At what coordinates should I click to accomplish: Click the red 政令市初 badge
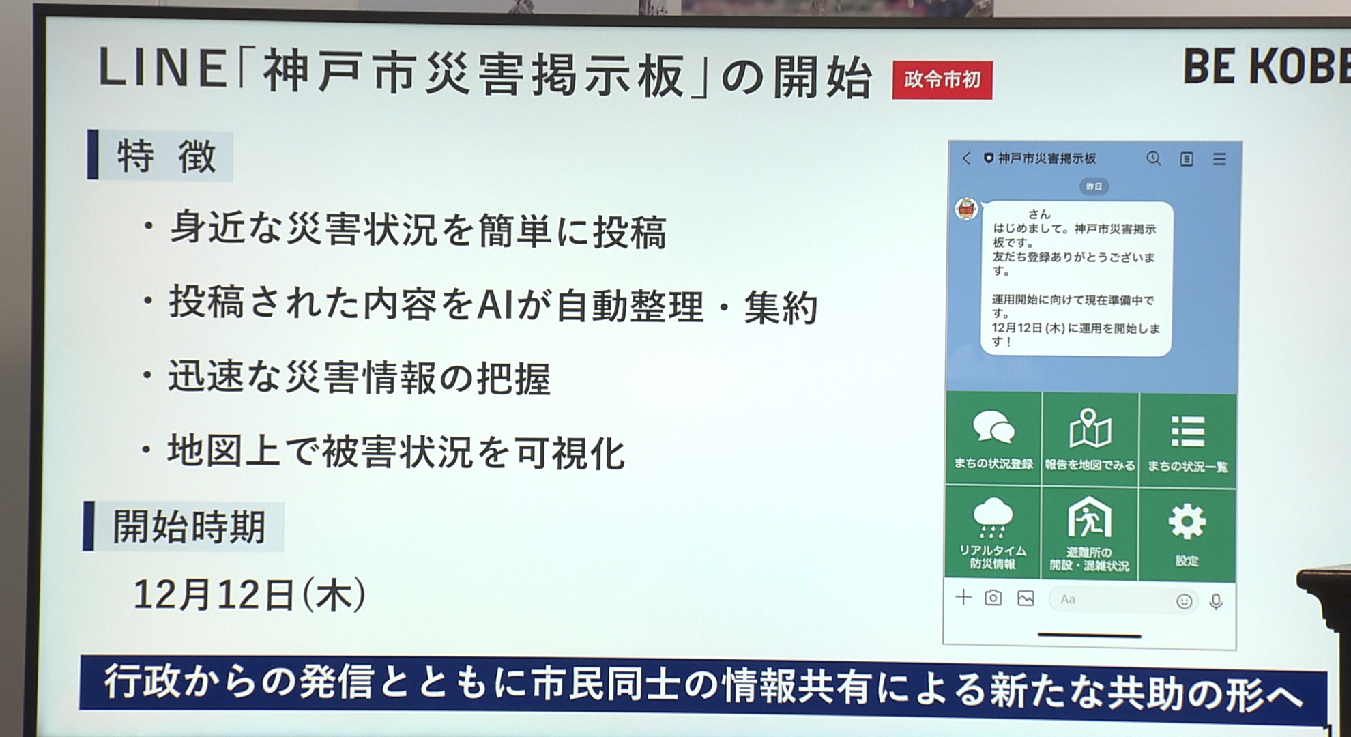(942, 80)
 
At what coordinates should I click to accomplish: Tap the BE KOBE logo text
(1266, 67)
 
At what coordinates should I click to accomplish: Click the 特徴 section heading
(166, 156)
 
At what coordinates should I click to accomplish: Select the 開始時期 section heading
(189, 527)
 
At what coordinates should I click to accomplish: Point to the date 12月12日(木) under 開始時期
(250, 594)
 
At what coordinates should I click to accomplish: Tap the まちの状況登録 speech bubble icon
(993, 427)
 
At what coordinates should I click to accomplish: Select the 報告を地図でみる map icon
(1090, 428)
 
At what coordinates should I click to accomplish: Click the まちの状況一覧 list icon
(1188, 431)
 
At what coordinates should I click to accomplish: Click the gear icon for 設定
(1187, 522)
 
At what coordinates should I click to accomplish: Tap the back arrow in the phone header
(966, 158)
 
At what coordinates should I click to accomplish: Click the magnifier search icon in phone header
(1153, 158)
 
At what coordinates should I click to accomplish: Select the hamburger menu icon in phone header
(1220, 159)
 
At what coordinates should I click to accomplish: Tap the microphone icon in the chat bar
(1216, 601)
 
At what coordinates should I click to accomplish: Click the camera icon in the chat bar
(993, 598)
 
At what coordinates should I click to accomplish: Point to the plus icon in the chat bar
(963, 598)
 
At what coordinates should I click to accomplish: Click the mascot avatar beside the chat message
(966, 209)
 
